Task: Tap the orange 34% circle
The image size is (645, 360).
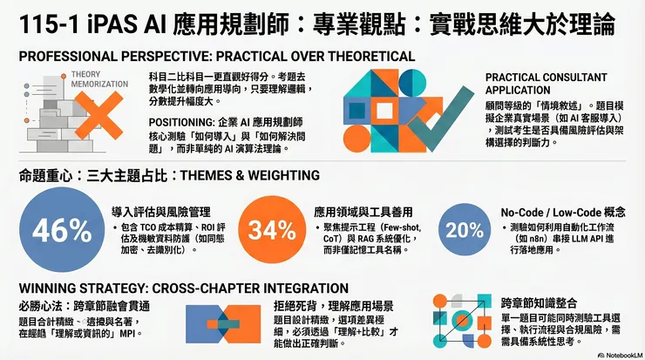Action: [267, 230]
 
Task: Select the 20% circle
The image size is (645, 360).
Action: [464, 230]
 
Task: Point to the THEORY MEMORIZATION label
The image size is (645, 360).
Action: [91, 78]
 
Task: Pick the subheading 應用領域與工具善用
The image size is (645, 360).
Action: [370, 212]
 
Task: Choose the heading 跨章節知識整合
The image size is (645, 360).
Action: [538, 303]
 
